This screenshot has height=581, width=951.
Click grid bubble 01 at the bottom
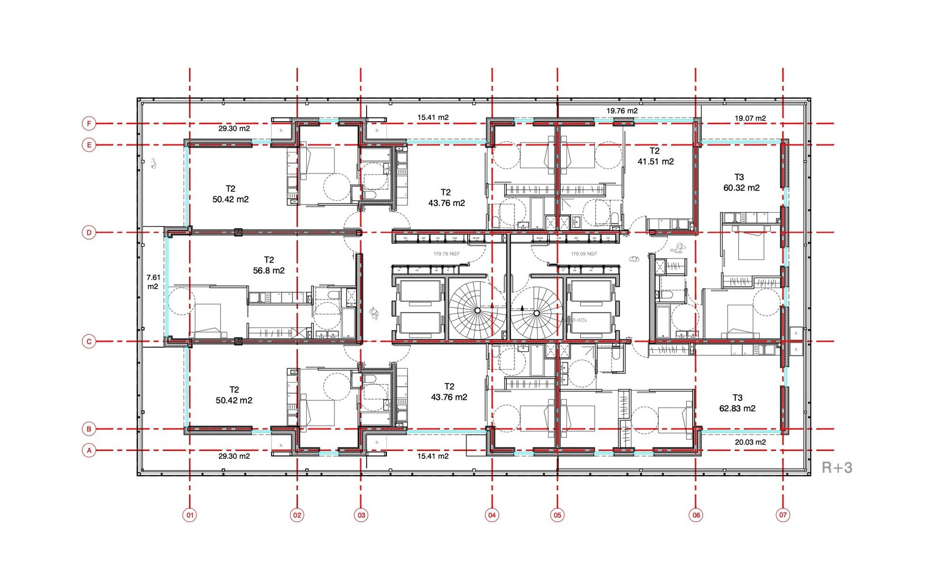pyautogui.click(x=190, y=515)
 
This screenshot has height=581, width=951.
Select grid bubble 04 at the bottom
pyautogui.click(x=492, y=515)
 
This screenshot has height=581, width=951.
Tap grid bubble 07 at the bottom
pyautogui.click(x=783, y=514)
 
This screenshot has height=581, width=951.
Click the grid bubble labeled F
pyautogui.click(x=89, y=124)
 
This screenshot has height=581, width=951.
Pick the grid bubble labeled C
pyautogui.click(x=89, y=341)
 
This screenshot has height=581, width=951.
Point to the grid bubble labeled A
pyautogui.click(x=89, y=450)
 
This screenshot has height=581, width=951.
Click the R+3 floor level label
pyautogui.click(x=837, y=468)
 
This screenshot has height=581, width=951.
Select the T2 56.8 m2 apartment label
pyautogui.click(x=269, y=265)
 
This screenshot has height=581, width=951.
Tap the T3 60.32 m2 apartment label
pyautogui.click(x=741, y=183)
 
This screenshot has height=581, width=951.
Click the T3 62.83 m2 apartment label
pyautogui.click(x=737, y=403)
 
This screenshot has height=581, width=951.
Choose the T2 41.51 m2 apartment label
pyautogui.click(x=655, y=156)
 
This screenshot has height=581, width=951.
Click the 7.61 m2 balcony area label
pyautogui.click(x=153, y=282)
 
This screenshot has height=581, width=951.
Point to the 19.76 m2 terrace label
pyautogui.click(x=622, y=111)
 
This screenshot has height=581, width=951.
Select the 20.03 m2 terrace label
pyautogui.click(x=750, y=442)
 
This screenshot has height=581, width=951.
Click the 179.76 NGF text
pyautogui.click(x=446, y=254)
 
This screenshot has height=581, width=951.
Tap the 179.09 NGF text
pyautogui.click(x=584, y=254)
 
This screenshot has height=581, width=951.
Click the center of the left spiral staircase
pyautogui.click(x=477, y=310)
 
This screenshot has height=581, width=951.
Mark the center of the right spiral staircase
pyautogui.click(x=536, y=313)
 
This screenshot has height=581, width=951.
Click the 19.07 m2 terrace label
pyautogui.click(x=750, y=118)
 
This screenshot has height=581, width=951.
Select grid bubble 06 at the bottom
pyautogui.click(x=696, y=515)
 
